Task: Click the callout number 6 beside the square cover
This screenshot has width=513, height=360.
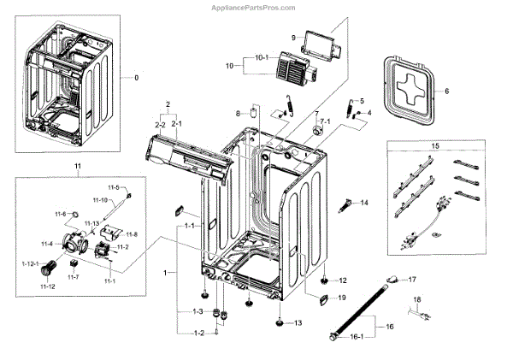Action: (445, 91)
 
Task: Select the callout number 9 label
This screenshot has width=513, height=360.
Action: (292, 38)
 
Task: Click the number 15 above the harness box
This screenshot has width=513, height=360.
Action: (436, 147)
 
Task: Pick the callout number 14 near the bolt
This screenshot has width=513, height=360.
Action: (363, 203)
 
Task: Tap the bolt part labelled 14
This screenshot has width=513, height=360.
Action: (347, 205)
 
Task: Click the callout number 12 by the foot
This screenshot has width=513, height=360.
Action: (344, 280)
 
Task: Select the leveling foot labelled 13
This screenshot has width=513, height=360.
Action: (280, 323)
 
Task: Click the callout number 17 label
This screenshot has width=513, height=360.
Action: (411, 280)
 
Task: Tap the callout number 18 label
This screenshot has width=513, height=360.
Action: (416, 298)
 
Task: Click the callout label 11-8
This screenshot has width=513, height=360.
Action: (132, 234)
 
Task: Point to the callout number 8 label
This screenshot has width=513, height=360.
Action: (239, 113)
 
